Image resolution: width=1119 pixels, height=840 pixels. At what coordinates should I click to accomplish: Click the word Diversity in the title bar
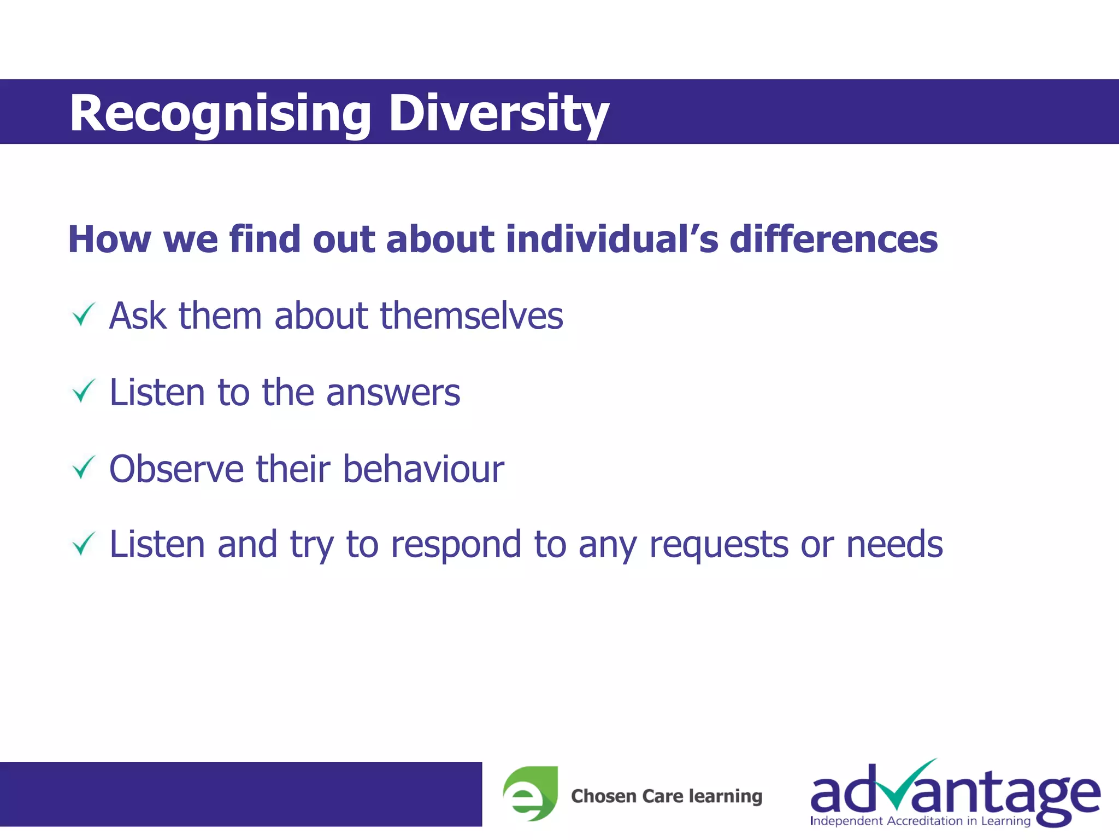coord(498,113)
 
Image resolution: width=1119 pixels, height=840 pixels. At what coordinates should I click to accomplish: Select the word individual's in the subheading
coord(612,240)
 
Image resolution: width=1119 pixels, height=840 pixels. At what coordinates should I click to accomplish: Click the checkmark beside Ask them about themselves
coord(84,315)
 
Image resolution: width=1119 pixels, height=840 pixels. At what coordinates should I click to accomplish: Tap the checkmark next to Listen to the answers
coord(84,392)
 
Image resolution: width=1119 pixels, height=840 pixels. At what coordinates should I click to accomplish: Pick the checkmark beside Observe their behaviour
coord(84,468)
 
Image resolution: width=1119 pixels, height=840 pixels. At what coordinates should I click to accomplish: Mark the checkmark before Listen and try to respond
coord(84,544)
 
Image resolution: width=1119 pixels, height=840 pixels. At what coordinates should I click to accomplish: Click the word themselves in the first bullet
coord(472,316)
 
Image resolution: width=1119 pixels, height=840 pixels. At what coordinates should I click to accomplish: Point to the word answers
coord(393,393)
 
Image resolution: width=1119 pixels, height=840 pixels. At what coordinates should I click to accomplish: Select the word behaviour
coord(423,469)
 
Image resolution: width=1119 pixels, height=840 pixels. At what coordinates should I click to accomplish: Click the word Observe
coord(176,469)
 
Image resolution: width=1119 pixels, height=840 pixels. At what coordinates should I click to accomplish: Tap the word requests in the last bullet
coord(718,545)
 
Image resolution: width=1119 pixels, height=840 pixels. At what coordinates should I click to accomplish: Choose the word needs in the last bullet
coord(894,545)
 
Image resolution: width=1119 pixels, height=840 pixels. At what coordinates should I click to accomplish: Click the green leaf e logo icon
coord(531,794)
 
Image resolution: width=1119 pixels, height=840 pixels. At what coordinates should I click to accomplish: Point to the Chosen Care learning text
coord(667,796)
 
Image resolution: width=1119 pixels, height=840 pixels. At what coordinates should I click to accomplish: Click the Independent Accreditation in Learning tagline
coord(920,821)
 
